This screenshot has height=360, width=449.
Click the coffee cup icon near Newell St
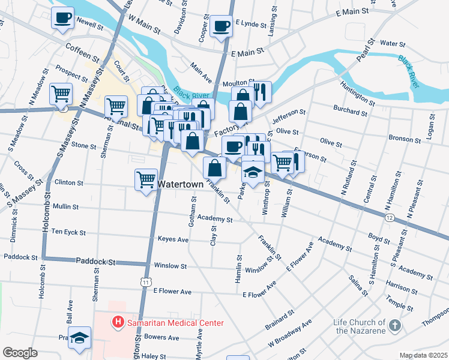point(62,18)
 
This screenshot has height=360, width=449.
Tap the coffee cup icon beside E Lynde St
point(221,26)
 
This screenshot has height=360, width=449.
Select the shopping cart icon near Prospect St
point(61,94)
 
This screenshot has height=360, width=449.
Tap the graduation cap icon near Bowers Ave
point(79,338)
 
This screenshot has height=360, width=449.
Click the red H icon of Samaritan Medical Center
point(118,323)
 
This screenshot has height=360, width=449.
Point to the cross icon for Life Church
point(394,326)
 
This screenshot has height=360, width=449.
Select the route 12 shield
point(390,217)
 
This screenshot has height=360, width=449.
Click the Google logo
point(20,353)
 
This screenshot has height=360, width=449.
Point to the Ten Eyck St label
point(68,232)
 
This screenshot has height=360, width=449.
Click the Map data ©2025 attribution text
point(423,355)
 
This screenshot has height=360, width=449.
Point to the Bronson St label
point(406,138)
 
